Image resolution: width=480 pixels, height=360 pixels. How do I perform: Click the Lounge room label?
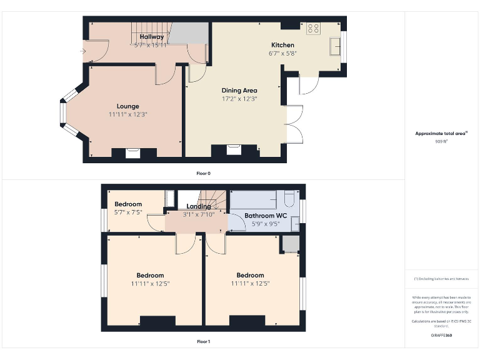pos(127,106)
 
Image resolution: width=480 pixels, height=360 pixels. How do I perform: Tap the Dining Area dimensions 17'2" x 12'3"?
pos(240,99)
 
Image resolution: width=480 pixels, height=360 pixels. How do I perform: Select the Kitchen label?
pos(282,45)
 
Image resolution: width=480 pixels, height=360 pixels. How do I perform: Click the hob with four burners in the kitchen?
pos(314,28)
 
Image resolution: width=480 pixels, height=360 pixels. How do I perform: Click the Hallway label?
pos(152,37)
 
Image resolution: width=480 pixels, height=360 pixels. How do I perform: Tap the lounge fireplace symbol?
pos(133,152)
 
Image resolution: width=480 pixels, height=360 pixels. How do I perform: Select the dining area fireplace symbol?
pos(234,149)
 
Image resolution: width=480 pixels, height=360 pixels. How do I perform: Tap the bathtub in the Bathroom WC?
pos(253,200)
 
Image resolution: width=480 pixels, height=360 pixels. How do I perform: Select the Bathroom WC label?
pos(261,215)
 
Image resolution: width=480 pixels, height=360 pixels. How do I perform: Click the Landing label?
pos(199,206)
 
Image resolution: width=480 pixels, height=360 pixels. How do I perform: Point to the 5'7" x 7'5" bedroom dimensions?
pos(128,212)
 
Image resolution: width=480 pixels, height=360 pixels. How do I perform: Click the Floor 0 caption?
pos(203,172)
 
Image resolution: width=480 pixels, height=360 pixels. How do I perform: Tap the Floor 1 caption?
pos(203,342)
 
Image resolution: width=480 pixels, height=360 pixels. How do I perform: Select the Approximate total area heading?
pos(441,134)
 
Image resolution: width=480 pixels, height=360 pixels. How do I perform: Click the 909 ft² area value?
pos(441,142)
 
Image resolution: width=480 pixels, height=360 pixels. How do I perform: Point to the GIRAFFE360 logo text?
pos(441,336)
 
